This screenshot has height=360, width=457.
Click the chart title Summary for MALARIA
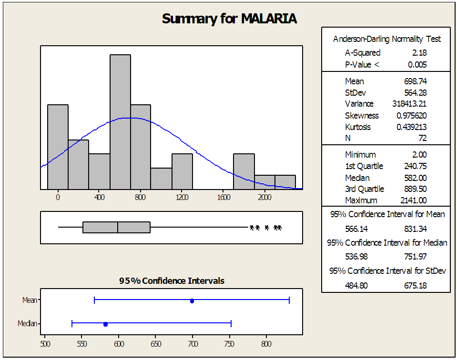point(229,19)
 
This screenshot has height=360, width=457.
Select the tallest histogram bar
point(120,122)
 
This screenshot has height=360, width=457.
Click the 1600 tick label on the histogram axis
point(223,196)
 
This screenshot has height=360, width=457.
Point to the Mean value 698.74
point(415,81)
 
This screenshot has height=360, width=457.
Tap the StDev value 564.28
point(415,92)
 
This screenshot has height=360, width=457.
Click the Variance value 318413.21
point(409,104)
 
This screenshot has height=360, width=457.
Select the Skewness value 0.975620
point(411,116)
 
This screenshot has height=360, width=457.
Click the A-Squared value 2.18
point(419,53)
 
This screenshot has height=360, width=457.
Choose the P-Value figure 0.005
point(417,65)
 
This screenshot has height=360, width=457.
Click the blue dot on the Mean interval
point(192,300)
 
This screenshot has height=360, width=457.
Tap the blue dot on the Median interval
point(105,324)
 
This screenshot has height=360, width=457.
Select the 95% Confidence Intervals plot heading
point(172,281)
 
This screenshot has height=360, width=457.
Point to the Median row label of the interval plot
point(27,324)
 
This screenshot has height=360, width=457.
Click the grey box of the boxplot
point(116,228)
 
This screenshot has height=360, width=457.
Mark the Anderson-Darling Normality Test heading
point(386,39)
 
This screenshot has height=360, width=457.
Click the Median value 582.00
point(415,178)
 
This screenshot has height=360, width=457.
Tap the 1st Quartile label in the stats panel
point(364,166)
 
